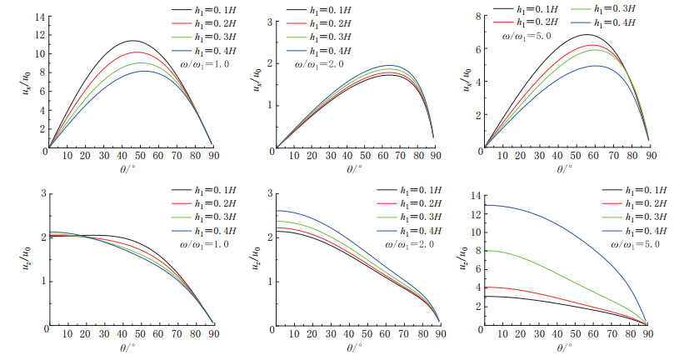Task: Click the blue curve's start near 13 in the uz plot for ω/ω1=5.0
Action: [486, 205]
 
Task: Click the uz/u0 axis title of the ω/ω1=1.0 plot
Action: [27, 258]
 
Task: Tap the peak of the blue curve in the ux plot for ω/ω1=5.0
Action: [597, 66]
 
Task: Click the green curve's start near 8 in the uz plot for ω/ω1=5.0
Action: [486, 250]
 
